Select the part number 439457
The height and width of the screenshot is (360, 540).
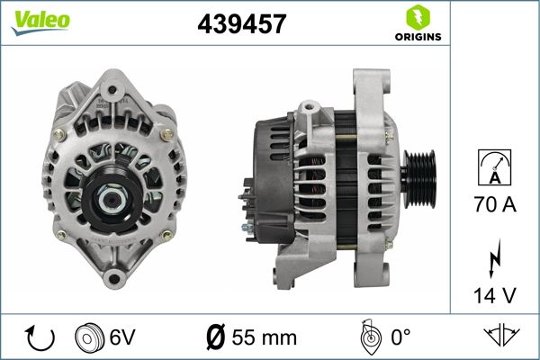(x=241, y=25)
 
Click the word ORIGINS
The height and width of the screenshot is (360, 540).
(x=417, y=37)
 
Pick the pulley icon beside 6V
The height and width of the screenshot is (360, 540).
(x=88, y=337)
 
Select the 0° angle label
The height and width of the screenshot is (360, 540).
(x=400, y=337)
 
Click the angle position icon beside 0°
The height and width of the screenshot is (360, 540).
(x=366, y=337)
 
